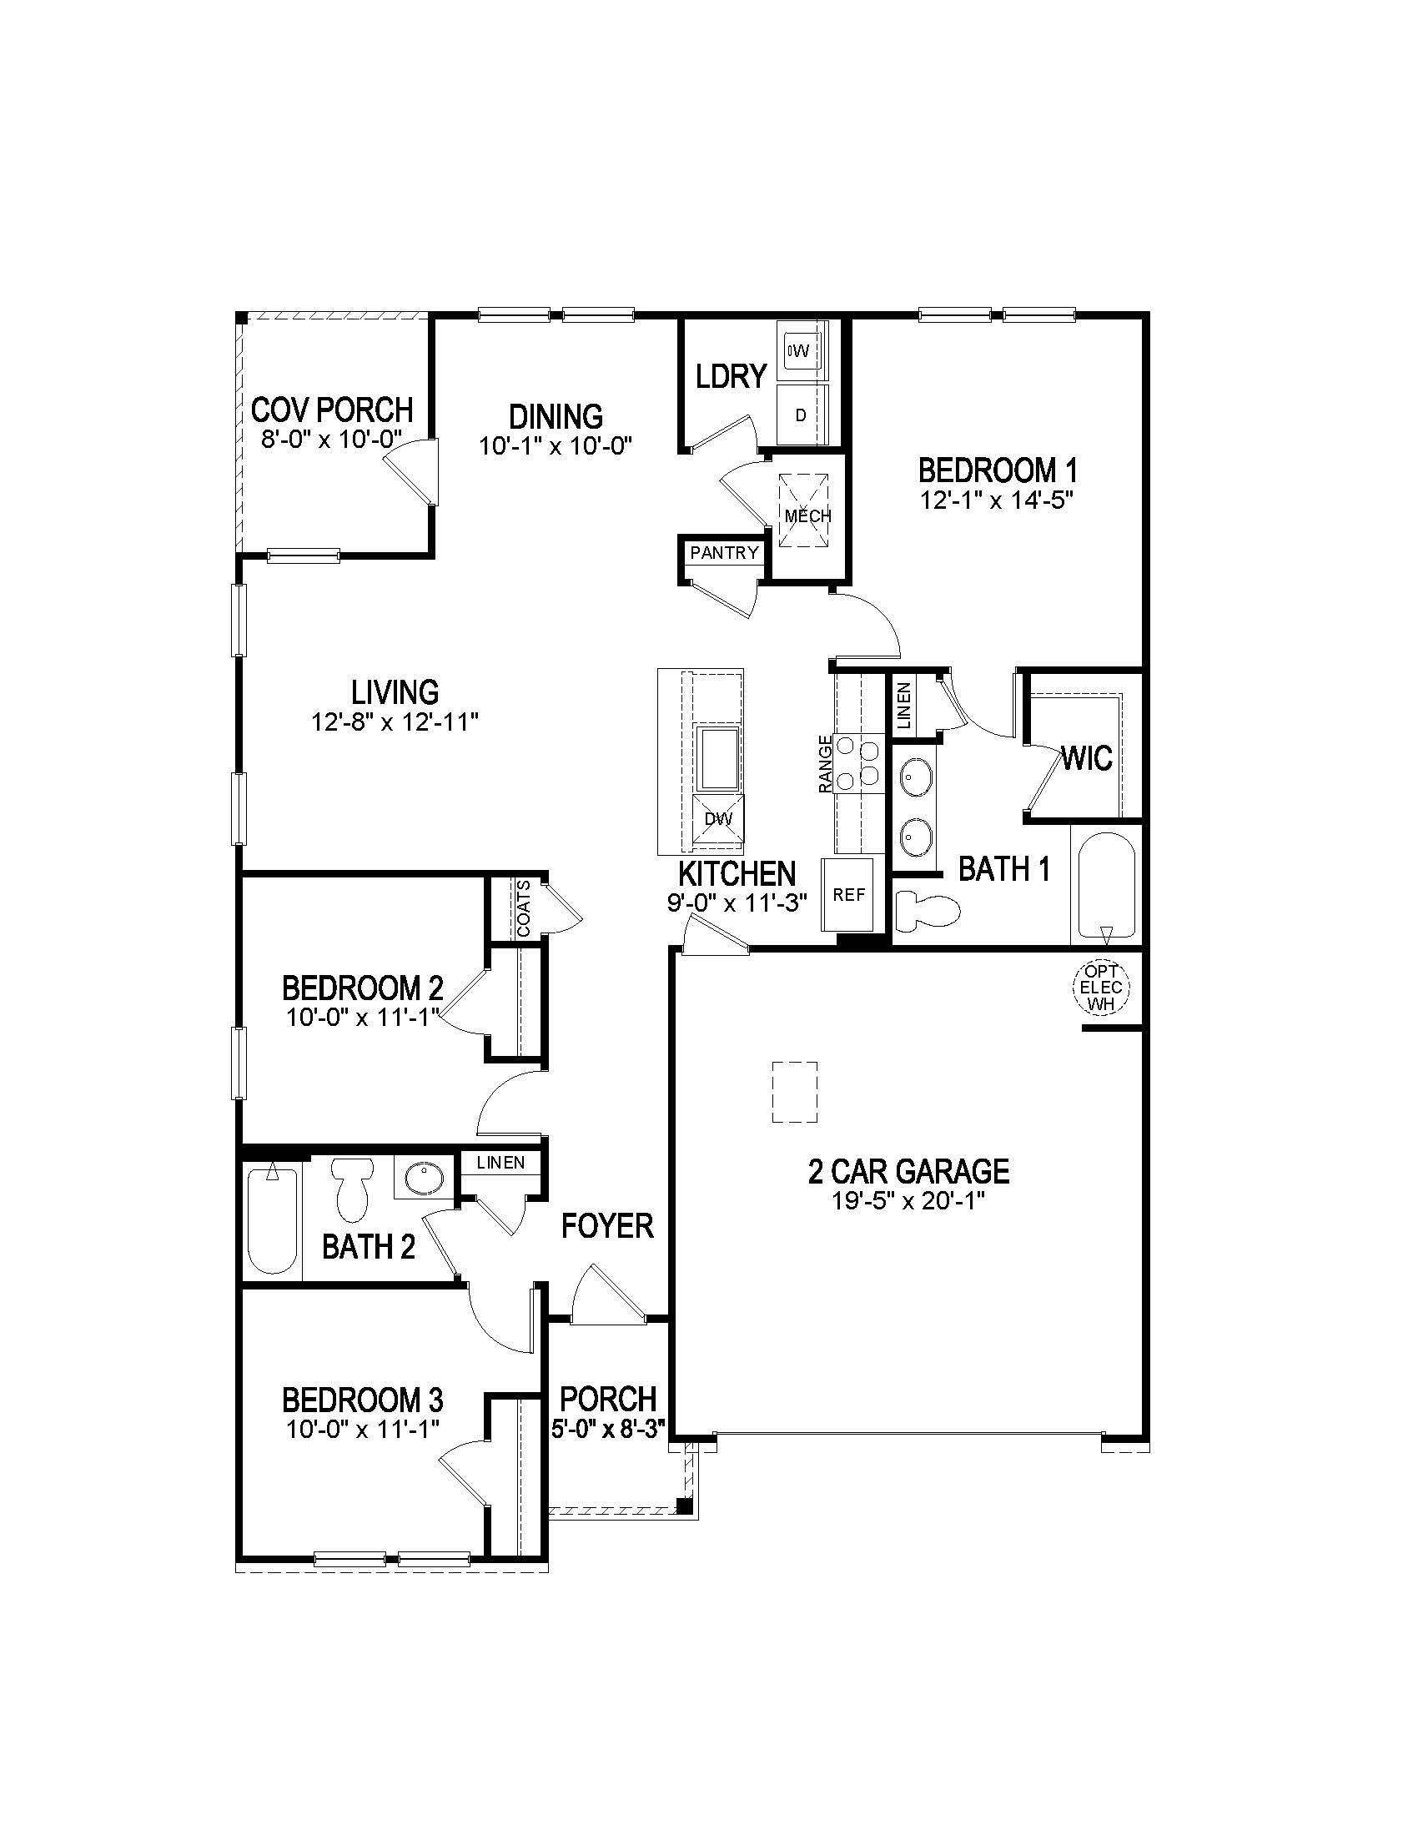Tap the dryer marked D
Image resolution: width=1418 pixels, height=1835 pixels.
pos(801,415)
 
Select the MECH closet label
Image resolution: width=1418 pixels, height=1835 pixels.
pos(807,515)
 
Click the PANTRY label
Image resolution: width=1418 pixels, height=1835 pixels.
pos(724,553)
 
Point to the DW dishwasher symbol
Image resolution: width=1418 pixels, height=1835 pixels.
pos(718,818)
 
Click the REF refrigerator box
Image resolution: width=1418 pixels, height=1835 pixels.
pos(848,895)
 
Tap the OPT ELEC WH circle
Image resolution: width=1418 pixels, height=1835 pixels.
pos(1101,988)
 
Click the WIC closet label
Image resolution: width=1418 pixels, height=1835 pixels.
pos(1087,759)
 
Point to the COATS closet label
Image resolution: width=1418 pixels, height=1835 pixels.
pos(524,908)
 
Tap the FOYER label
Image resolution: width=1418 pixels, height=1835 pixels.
pos(606,1226)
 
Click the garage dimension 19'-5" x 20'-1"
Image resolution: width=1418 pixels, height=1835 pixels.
pos(908,1200)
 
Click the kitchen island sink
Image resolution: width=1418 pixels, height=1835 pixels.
pos(720,760)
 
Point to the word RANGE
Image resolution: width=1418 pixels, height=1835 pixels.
pos(826,764)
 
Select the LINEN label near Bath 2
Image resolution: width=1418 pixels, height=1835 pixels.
pos(500,1163)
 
